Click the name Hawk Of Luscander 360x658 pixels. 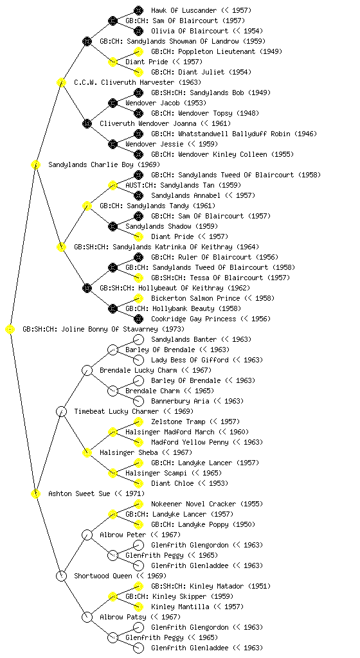(184, 10)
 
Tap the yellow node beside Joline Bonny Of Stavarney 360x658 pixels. (10, 330)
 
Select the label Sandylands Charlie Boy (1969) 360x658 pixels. (104, 164)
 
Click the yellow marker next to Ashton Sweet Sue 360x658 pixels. (35, 494)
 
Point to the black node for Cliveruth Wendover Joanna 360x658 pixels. (87, 124)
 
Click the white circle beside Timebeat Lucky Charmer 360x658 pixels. (61, 412)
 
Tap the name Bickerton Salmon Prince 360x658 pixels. (196, 298)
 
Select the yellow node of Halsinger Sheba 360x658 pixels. (87, 453)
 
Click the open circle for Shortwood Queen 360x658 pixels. (61, 576)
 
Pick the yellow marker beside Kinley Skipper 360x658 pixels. (113, 597)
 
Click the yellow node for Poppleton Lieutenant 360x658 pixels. (138, 51)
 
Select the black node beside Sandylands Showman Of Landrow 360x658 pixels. (87, 42)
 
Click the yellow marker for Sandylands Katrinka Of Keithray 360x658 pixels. (61, 247)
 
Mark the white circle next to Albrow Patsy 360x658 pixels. (87, 618)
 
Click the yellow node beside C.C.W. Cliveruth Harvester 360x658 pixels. (61, 83)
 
